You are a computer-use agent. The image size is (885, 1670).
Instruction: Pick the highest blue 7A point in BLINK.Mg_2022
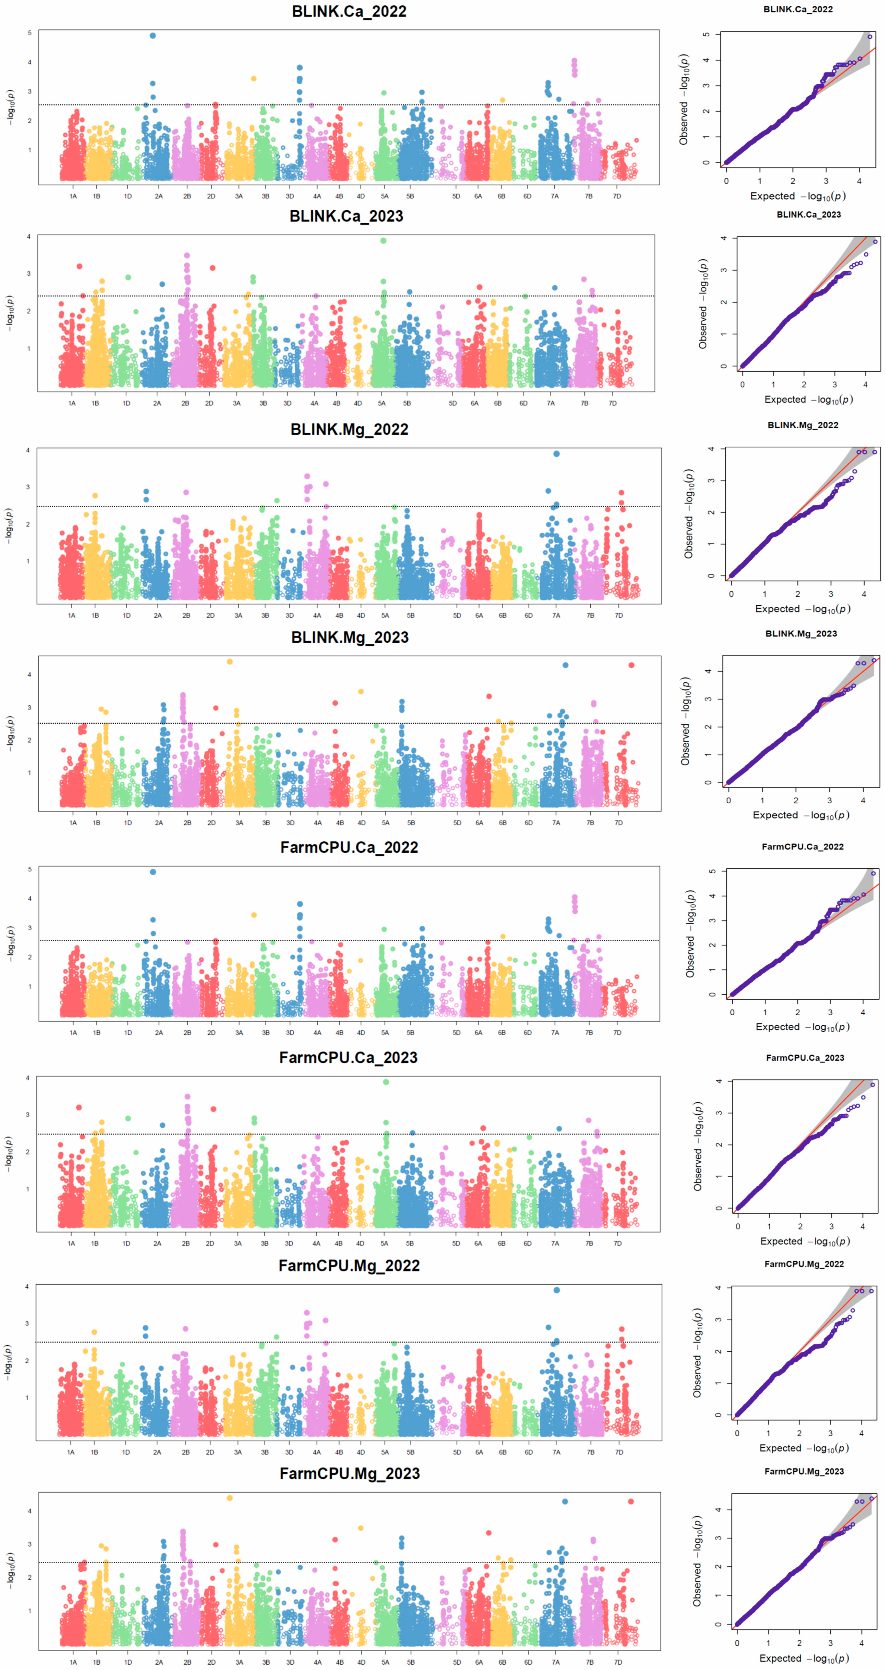556,454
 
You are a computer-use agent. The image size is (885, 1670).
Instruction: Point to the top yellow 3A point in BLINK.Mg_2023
230,662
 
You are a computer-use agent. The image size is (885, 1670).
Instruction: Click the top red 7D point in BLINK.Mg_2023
632,665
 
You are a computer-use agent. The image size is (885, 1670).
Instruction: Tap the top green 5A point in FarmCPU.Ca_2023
386,1082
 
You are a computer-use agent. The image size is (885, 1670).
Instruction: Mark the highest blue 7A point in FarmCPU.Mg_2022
556,1290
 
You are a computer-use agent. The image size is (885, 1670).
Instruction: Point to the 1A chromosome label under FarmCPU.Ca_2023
71,1243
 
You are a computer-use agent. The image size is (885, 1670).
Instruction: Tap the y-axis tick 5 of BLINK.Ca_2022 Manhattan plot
29,33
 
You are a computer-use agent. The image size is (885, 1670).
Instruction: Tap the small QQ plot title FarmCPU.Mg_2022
804,1264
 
